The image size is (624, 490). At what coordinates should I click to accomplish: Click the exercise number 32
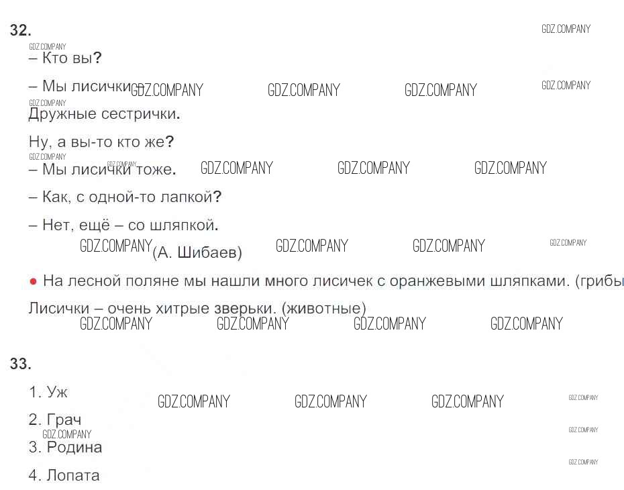[21, 30]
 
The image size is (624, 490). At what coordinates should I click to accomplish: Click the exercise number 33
[21, 364]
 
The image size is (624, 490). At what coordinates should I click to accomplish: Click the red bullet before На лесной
[33, 281]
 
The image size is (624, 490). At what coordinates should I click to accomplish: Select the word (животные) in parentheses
[323, 309]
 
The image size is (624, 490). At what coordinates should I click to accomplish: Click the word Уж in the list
[57, 392]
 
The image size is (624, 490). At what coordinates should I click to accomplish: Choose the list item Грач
[64, 420]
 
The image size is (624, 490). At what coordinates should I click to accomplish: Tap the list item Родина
[74, 447]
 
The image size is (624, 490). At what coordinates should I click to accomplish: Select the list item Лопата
[73, 475]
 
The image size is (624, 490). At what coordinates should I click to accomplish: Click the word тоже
[155, 170]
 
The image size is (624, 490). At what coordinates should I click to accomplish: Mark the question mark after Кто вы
[97, 58]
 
